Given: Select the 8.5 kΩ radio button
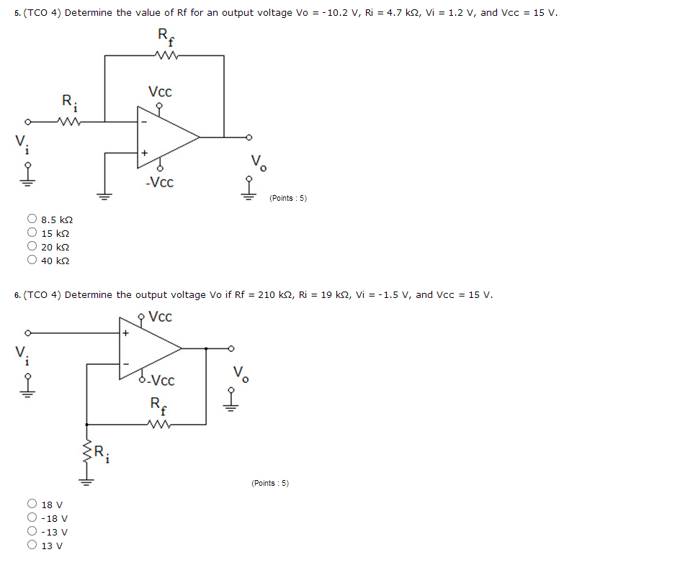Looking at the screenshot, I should tap(32, 219).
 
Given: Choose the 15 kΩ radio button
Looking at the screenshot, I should tap(32, 232).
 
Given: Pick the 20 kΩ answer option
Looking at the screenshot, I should tap(32, 247).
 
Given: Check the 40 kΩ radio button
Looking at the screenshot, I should tap(32, 261).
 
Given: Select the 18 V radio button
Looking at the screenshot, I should tap(32, 505).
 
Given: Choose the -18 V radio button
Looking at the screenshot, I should tap(32, 518).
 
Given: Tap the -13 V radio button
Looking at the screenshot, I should tap(32, 532).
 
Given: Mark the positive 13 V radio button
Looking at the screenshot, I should tap(32, 546).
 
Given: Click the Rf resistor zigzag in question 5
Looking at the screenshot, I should tap(165, 55).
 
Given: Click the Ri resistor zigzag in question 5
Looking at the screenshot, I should tap(71, 121).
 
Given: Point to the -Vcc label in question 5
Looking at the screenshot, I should tap(158, 183).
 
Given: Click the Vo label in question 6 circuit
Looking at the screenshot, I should tap(241, 375).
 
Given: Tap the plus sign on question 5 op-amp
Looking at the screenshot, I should tap(144, 153).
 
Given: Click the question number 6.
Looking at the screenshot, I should tap(17, 295).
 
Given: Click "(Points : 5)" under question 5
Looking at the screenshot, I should tap(288, 199).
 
